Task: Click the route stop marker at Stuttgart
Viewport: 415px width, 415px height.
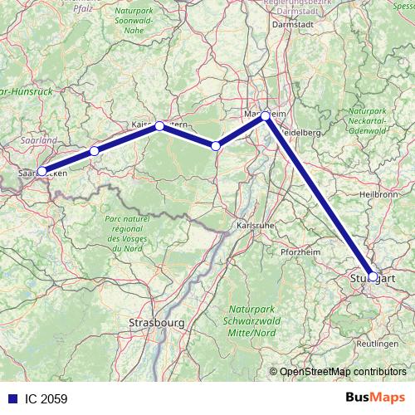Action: (373, 276)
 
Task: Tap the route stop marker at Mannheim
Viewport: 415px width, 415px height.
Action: (265, 115)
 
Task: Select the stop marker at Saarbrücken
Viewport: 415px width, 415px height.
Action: (41, 171)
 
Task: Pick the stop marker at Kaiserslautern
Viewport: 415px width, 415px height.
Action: (159, 125)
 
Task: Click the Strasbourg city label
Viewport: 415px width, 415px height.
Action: (156, 321)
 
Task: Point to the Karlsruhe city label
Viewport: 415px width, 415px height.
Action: (255, 225)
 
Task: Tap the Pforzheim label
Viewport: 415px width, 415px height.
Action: (301, 251)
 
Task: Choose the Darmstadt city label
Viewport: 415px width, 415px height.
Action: (292, 24)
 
